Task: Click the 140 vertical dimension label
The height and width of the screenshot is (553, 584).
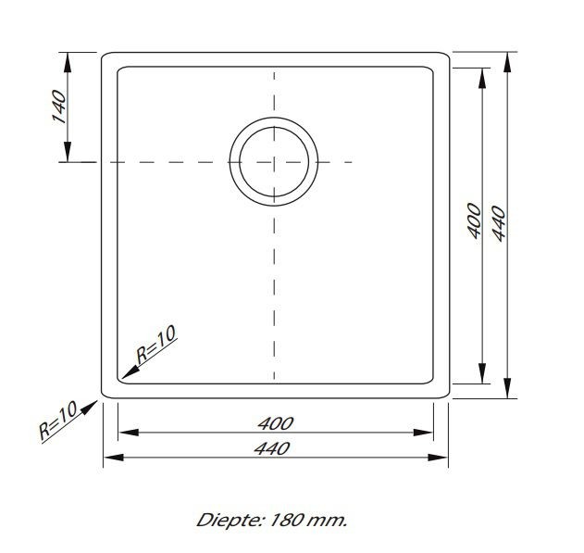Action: pos(56,107)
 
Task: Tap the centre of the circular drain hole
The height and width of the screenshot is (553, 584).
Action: pos(274,162)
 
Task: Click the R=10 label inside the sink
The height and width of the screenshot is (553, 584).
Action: pos(155,346)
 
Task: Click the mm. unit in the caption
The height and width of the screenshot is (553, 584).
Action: pos(329,520)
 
